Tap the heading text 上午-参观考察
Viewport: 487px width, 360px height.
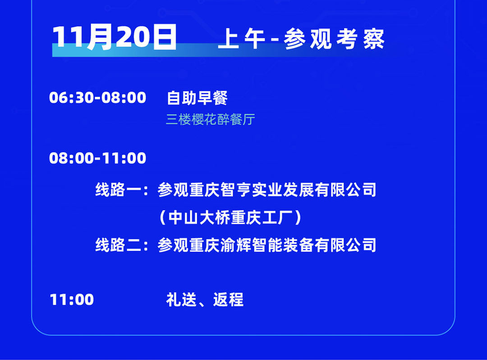pyautogui.click(x=301, y=40)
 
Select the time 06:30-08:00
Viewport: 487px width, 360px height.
pyautogui.click(x=97, y=97)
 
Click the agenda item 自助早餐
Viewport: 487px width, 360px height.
pyautogui.click(x=197, y=98)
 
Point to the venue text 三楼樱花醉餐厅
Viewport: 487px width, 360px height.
pyautogui.click(x=210, y=119)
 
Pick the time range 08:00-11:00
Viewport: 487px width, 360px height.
pyautogui.click(x=97, y=158)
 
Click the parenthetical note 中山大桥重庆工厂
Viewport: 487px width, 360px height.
pyautogui.click(x=230, y=218)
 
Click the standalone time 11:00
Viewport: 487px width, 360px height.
pyautogui.click(x=72, y=300)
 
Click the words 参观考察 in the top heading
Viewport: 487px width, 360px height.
pyautogui.click(x=334, y=40)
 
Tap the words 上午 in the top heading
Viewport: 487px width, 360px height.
pyautogui.click(x=242, y=40)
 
